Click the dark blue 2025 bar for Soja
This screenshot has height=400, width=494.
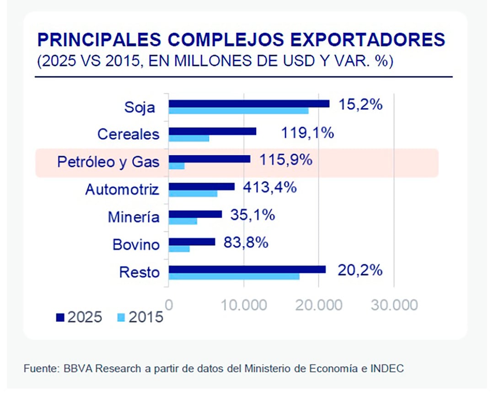[249, 104]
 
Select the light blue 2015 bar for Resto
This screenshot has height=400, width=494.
[234, 276]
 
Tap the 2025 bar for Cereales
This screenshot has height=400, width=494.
[212, 131]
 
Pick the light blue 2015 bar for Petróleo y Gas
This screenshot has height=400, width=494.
[177, 166]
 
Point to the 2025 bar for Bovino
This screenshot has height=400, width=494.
[192, 242]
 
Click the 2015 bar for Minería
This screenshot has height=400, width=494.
[183, 221]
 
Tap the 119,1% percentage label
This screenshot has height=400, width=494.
[307, 133]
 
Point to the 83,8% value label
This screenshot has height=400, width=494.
[246, 242]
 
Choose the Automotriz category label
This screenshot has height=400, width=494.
[122, 189]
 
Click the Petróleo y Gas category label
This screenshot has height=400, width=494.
[108, 162]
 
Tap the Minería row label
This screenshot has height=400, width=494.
[134, 217]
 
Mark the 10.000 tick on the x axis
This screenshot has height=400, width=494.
[245, 305]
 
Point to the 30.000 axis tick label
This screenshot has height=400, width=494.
[394, 305]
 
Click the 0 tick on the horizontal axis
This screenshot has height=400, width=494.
[169, 305]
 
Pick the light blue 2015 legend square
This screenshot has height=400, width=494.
[121, 317]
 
